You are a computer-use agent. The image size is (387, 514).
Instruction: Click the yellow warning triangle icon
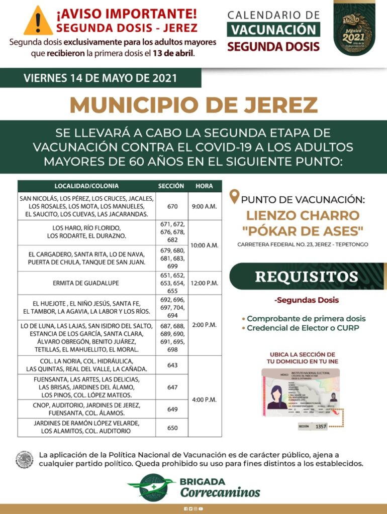point(38,21)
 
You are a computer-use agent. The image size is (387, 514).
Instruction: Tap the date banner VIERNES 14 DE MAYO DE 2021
point(101,78)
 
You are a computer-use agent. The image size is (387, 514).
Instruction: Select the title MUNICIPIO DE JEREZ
point(193,104)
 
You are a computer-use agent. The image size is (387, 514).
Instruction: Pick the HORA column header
point(204,186)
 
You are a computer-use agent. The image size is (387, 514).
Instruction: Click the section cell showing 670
point(172,206)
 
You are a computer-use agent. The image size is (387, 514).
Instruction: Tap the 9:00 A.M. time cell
point(204,206)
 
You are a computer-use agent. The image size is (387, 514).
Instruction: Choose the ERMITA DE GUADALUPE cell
point(86,283)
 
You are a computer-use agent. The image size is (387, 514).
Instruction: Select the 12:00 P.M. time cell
point(204,283)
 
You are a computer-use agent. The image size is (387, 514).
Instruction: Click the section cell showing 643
point(172,365)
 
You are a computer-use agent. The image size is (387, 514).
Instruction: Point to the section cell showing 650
point(172,427)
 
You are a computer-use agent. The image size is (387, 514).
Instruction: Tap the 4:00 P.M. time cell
point(204,400)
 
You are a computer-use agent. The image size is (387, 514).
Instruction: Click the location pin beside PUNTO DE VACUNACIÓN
point(234,197)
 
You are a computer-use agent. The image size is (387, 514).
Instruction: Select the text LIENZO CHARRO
point(303,216)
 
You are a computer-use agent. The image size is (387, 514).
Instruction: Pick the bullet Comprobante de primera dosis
point(306,319)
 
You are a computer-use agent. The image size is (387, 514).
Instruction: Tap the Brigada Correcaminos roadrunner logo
point(151,487)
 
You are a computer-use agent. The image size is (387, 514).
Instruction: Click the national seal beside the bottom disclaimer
point(24,459)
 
